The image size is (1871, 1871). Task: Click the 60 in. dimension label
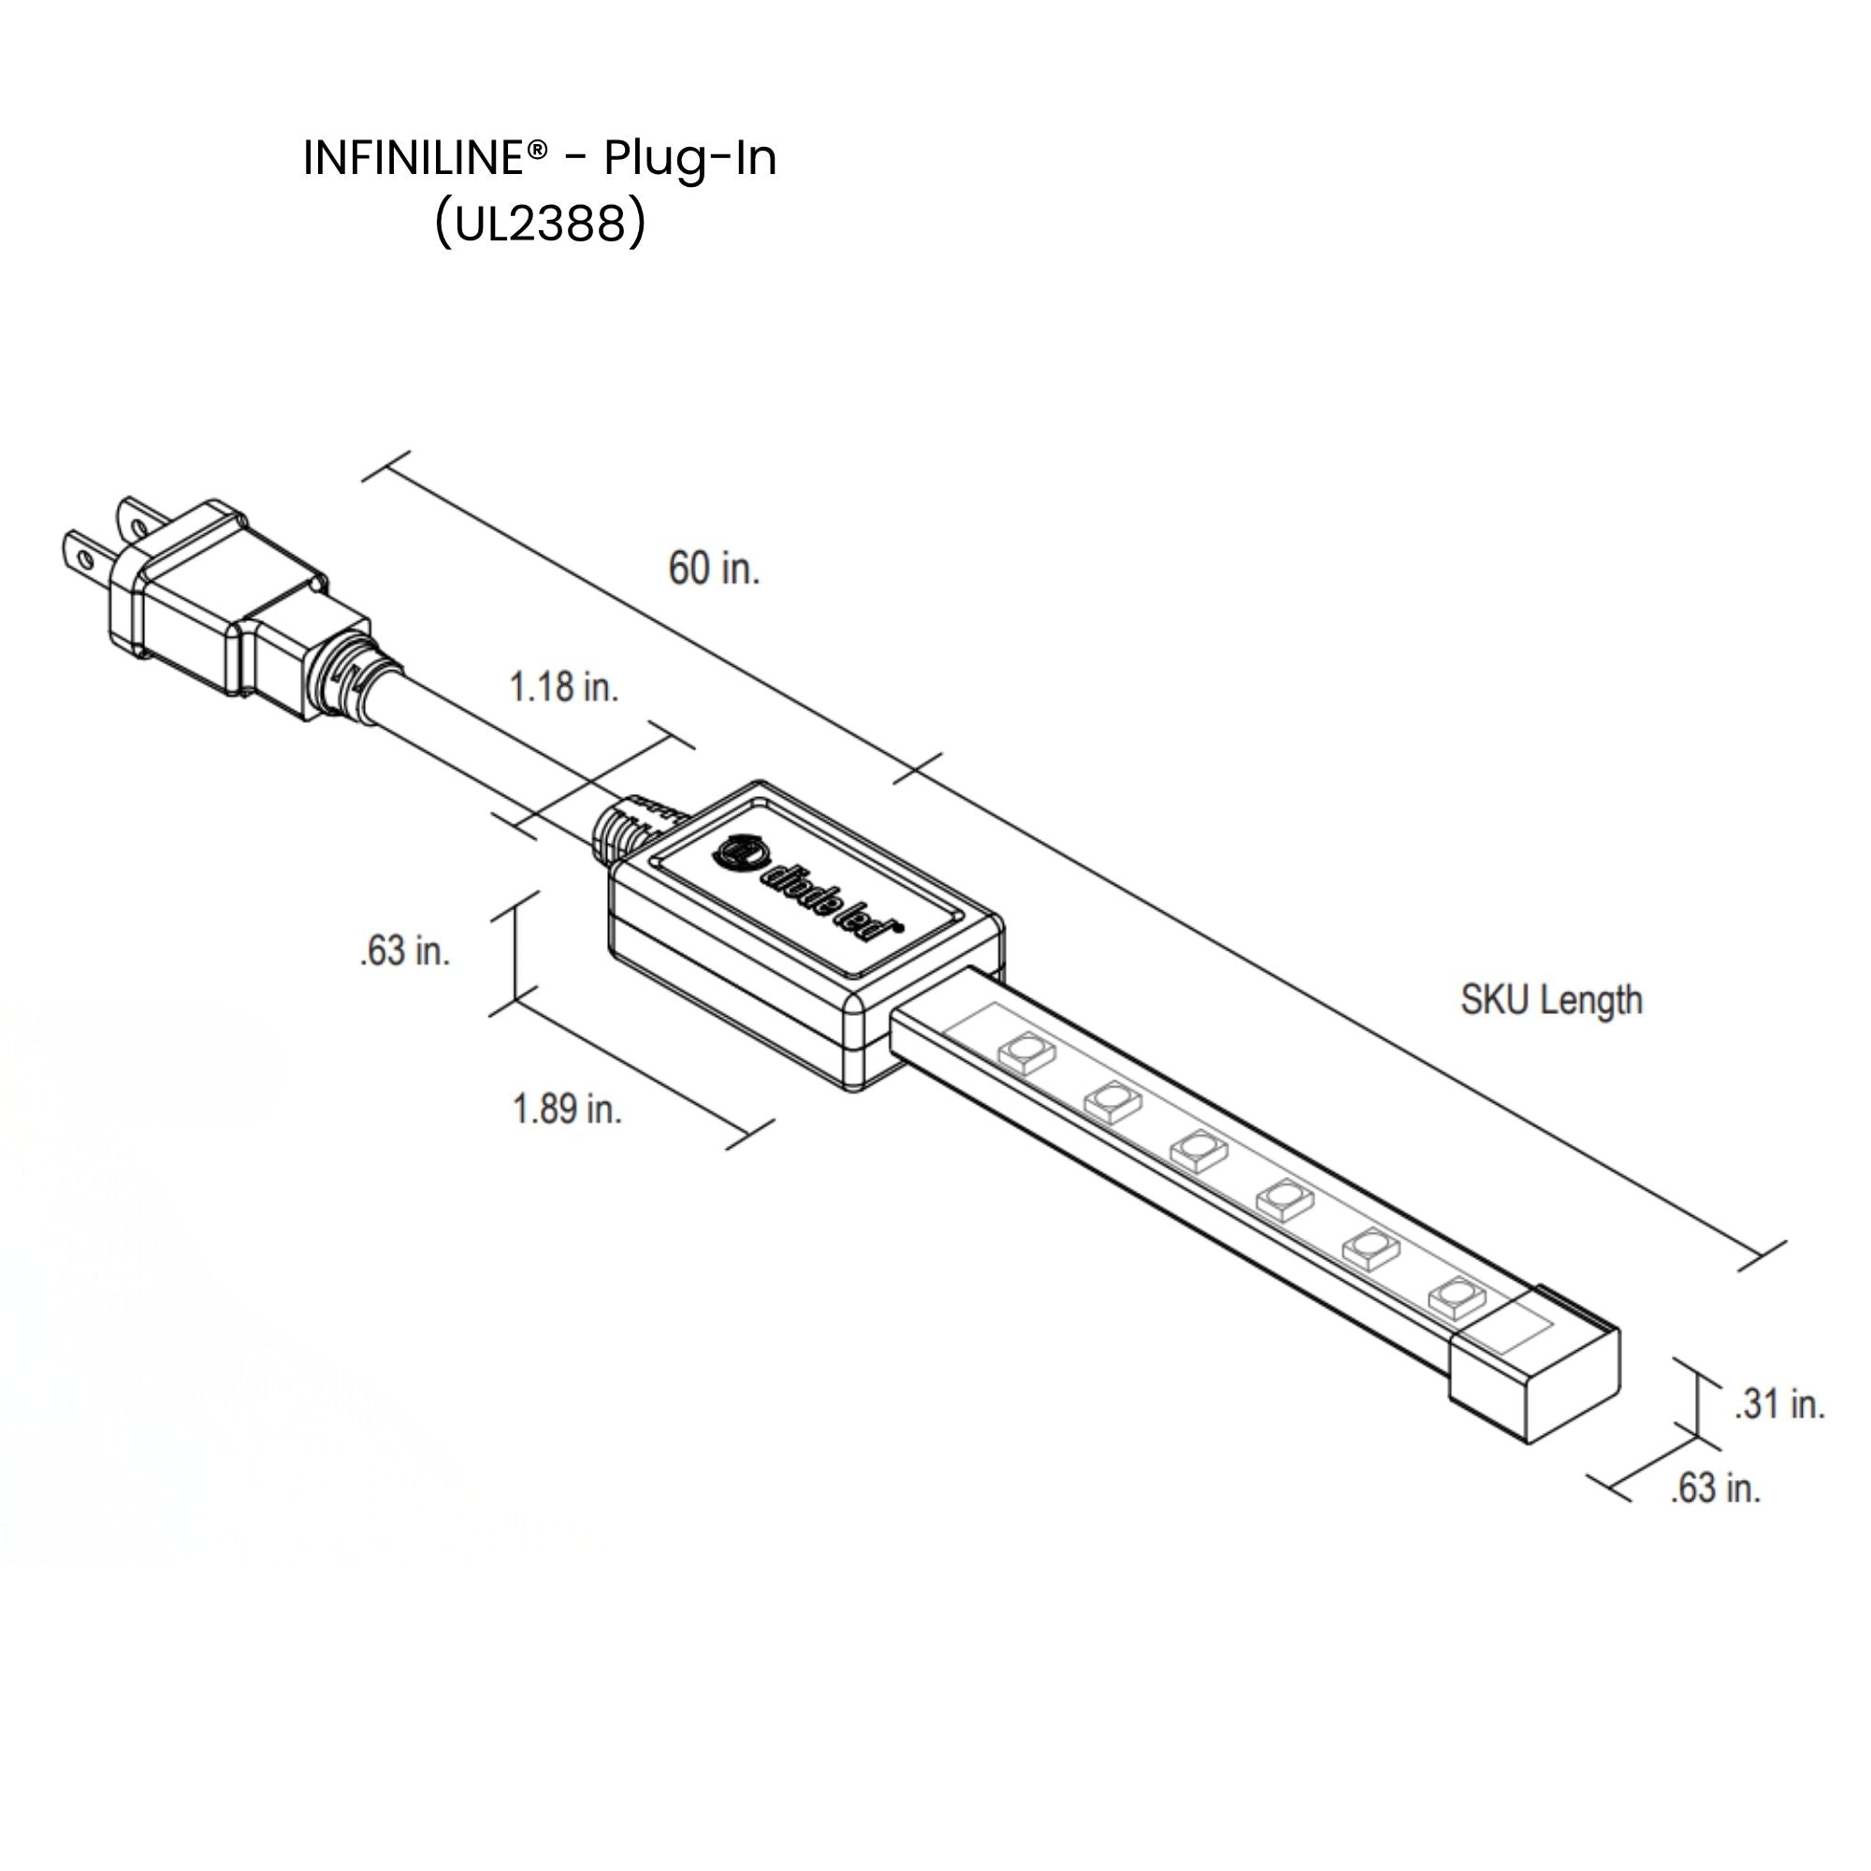(x=714, y=569)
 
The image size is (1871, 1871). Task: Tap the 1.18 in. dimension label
(x=563, y=688)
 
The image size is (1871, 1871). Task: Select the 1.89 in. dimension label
(x=567, y=1109)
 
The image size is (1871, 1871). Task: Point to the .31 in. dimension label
(x=1779, y=1404)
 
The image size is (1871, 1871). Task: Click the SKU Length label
(x=1551, y=1000)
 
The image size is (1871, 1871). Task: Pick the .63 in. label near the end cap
(x=1715, y=1488)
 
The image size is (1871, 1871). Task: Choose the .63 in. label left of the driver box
(x=405, y=951)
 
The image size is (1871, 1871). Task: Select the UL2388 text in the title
(x=540, y=225)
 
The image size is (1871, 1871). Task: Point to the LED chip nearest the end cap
(x=1457, y=1297)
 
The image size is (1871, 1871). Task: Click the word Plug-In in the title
(x=690, y=160)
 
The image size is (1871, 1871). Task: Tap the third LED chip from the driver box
(x=1199, y=1150)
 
